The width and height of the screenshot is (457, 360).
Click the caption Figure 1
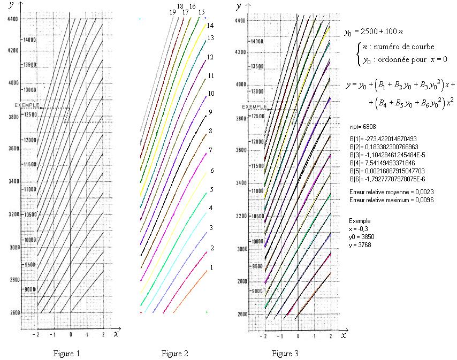[x=67, y=353]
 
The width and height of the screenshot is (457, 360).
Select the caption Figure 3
[x=285, y=353]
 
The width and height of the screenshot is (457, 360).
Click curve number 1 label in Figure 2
[x=212, y=267]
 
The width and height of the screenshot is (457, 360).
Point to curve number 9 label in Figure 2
[x=211, y=112]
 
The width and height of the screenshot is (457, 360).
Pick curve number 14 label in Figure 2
[x=210, y=25]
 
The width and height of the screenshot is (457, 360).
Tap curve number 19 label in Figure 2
[x=172, y=12]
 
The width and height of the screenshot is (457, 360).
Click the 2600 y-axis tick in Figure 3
[x=242, y=314]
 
